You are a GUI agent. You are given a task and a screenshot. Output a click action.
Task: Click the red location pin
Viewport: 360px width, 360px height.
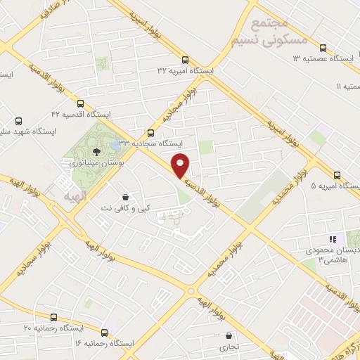click(x=180, y=165)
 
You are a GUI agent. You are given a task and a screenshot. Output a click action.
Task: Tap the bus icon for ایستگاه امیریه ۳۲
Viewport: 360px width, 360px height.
click(x=186, y=60)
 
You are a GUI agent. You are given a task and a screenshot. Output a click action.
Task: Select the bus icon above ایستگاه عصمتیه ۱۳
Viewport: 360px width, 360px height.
click(x=323, y=48)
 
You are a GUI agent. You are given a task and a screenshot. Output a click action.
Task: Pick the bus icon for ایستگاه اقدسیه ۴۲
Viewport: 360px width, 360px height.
click(x=79, y=103)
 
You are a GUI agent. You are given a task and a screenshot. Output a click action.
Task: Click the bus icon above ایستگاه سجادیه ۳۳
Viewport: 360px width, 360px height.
click(x=150, y=132)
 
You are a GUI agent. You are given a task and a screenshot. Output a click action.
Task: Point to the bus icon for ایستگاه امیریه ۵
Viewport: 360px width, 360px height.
click(x=337, y=175)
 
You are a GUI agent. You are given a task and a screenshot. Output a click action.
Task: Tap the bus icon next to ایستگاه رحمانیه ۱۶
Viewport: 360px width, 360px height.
click(x=105, y=332)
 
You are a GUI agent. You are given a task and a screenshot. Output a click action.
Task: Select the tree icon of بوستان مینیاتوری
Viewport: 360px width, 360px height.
click(x=96, y=150)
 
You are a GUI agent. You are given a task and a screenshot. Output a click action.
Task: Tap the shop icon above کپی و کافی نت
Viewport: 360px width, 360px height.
click(x=124, y=196)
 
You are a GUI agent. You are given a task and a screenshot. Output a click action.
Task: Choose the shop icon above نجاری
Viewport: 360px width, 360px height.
click(x=231, y=335)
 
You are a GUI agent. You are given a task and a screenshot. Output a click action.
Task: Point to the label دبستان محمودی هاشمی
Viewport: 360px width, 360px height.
click(x=331, y=255)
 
